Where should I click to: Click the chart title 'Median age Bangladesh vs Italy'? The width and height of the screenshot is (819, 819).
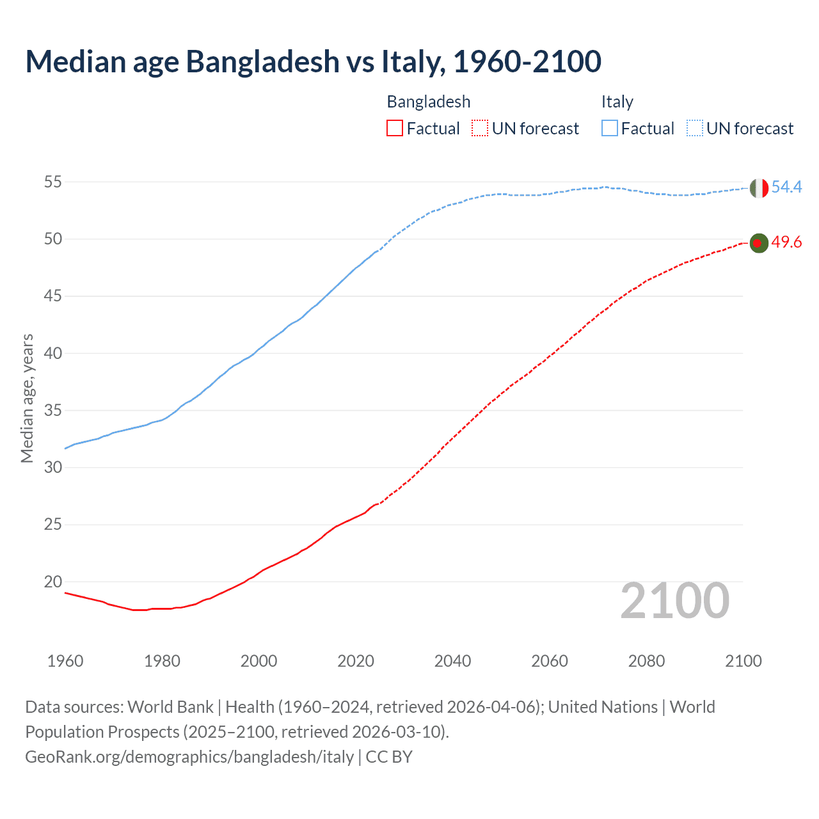[313, 61]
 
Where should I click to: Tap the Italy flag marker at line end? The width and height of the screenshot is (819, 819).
[758, 188]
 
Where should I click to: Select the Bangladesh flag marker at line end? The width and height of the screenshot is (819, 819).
[758, 243]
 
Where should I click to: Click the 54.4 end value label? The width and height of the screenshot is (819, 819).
[786, 187]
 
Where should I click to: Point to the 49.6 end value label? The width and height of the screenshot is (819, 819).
[786, 243]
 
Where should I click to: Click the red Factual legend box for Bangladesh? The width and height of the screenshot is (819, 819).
[395, 128]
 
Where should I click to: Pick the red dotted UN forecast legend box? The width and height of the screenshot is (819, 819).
[480, 128]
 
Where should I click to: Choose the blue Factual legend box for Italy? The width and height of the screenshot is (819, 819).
[610, 128]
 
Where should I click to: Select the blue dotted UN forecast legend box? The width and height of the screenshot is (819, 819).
[694, 128]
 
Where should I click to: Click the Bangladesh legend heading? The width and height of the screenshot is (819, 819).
[429, 102]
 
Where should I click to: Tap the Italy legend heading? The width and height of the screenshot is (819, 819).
[617, 102]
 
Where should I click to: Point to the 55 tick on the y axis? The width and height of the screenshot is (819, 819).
[53, 182]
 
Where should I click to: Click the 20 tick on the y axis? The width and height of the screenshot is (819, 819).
[53, 582]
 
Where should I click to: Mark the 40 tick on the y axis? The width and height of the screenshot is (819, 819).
[53, 353]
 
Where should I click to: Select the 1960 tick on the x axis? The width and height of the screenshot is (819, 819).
[65, 661]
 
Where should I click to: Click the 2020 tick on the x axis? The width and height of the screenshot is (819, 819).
[356, 661]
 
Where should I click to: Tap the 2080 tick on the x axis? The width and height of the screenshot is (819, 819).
[646, 661]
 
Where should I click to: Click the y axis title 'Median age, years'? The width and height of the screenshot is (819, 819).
[27, 398]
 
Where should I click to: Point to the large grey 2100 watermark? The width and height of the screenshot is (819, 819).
[674, 601]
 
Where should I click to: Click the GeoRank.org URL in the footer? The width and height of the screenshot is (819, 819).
[189, 757]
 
